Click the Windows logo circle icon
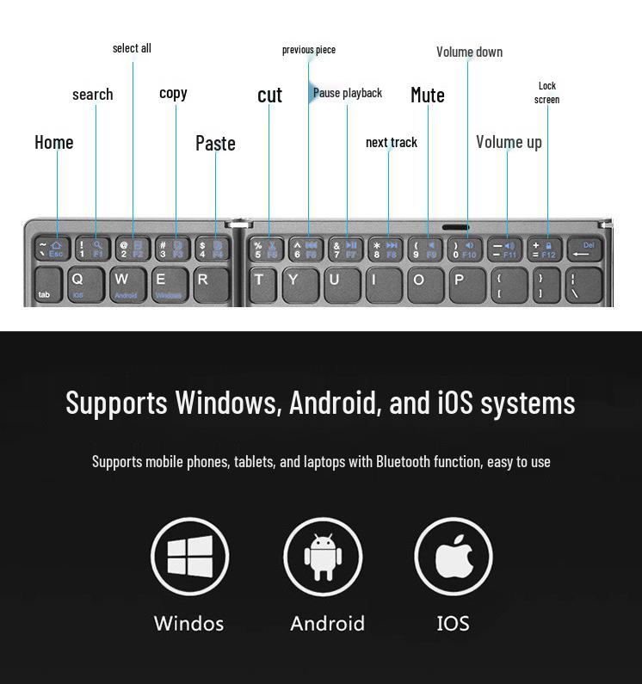click(x=189, y=557)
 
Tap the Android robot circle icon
click(x=323, y=557)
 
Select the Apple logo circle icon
click(x=454, y=557)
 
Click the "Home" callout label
click(x=54, y=142)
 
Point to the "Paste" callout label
click(x=215, y=143)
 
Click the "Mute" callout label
click(x=428, y=95)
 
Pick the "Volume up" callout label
click(x=509, y=142)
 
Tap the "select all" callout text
click(x=132, y=48)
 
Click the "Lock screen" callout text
click(x=547, y=92)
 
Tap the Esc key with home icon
click(x=52, y=249)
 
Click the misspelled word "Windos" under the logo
click(x=188, y=623)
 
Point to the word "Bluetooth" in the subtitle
click(x=403, y=461)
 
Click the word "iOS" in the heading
click(x=456, y=403)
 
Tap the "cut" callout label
click(x=269, y=95)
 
